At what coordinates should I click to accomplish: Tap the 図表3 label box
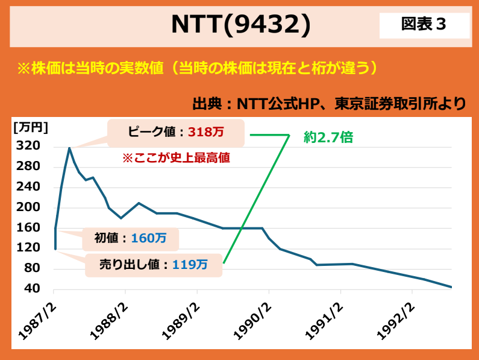pyautogui.click(x=424, y=25)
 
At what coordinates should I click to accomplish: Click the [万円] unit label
pyautogui.click(x=30, y=127)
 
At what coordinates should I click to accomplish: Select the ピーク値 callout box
pyautogui.click(x=176, y=133)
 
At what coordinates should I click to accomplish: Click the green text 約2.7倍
pyautogui.click(x=328, y=137)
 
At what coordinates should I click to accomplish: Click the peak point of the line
pyautogui.click(x=69, y=147)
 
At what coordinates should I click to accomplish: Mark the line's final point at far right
pyautogui.click(x=451, y=287)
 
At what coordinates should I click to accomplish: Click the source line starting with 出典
pyautogui.click(x=329, y=103)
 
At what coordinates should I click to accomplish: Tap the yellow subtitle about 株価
pyautogui.click(x=198, y=67)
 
